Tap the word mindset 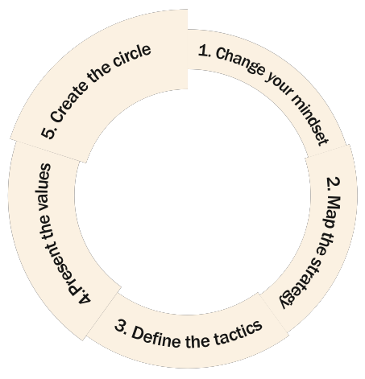click(311, 121)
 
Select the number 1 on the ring click(204, 51)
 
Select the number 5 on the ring click(48, 133)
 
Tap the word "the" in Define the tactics click(197, 340)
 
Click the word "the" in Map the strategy click(322, 243)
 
